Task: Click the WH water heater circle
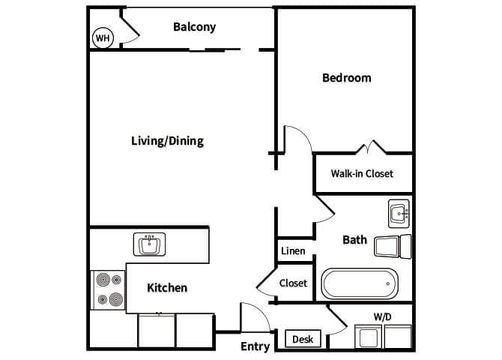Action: [101, 37]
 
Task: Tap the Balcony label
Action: [194, 27]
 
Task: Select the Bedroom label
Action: [346, 78]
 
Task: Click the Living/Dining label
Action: [167, 141]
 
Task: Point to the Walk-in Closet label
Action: [362, 174]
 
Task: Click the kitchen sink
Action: [150, 244]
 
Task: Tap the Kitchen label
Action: [166, 288]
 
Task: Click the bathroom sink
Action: [399, 214]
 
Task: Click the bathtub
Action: [360, 285]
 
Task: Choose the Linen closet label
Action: [293, 250]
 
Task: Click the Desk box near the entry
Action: [303, 340]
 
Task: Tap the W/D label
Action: [382, 317]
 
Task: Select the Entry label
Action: [255, 346]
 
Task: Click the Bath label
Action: [354, 240]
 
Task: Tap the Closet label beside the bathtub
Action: [293, 283]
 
